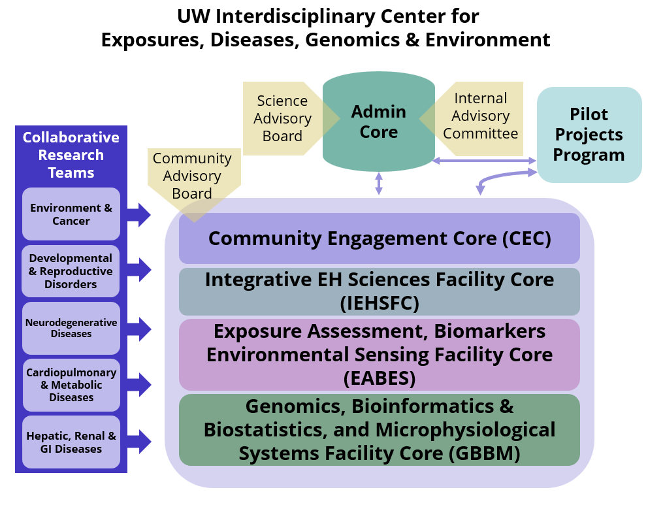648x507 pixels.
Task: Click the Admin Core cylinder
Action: pyautogui.click(x=379, y=122)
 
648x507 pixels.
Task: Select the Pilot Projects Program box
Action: pyautogui.click(x=589, y=135)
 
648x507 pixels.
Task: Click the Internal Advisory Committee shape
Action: pyautogui.click(x=480, y=116)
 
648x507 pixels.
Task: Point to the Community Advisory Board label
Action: pyautogui.click(x=192, y=175)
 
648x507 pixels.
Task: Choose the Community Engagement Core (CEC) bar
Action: pyautogui.click(x=379, y=238)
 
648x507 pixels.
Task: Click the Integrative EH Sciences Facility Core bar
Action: pyautogui.click(x=379, y=291)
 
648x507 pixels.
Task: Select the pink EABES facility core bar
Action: pyautogui.click(x=379, y=354)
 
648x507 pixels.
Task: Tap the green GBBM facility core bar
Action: pyautogui.click(x=379, y=430)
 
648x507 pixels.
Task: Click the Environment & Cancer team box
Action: pyautogui.click(x=71, y=214)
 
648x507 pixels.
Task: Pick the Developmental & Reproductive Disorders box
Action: pyautogui.click(x=71, y=271)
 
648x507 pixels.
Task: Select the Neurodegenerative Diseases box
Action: pyautogui.click(x=71, y=328)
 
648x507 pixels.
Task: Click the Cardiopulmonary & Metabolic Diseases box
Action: pyautogui.click(x=71, y=385)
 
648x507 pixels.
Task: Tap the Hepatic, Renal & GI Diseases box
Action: pyautogui.click(x=71, y=442)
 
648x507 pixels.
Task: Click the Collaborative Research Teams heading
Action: pyautogui.click(x=71, y=155)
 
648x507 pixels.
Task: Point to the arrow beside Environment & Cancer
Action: pyautogui.click(x=139, y=214)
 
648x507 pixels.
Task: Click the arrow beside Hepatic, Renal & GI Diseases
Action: pyautogui.click(x=139, y=442)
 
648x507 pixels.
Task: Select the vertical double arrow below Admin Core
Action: pyautogui.click(x=379, y=183)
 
